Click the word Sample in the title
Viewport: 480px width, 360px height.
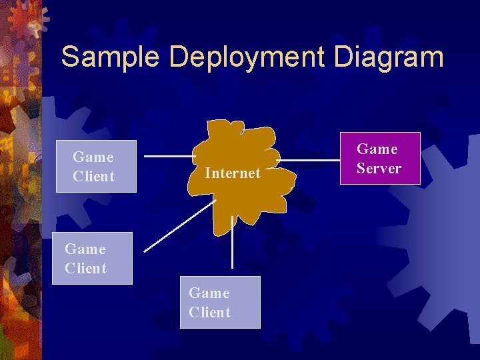click(x=110, y=57)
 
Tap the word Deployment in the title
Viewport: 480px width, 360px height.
click(x=246, y=59)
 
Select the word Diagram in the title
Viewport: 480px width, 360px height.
click(x=389, y=59)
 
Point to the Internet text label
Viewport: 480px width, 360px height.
click(x=233, y=173)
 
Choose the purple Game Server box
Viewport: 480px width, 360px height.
click(x=381, y=158)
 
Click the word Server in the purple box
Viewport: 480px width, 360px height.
click(x=379, y=169)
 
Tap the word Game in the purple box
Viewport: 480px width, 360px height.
click(x=377, y=149)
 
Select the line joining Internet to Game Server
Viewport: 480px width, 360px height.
click(x=310, y=161)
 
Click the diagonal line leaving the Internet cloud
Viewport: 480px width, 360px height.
click(x=177, y=227)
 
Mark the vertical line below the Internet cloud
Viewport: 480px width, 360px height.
click(x=232, y=243)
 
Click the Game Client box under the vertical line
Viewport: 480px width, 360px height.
click(x=220, y=302)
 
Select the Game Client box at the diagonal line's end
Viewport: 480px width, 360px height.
click(x=92, y=258)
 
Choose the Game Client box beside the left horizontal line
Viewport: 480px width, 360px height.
click(x=96, y=166)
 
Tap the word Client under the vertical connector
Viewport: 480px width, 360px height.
click(x=209, y=313)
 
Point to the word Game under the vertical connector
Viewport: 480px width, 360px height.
click(x=209, y=293)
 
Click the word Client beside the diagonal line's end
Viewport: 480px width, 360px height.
click(x=85, y=269)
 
